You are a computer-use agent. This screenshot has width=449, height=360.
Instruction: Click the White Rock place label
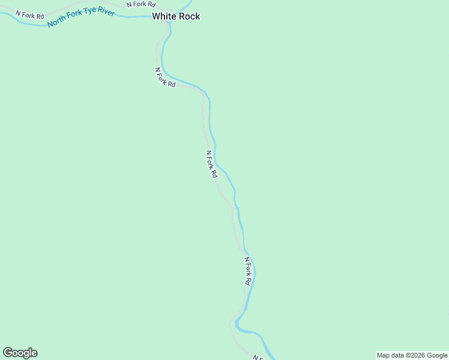[x=176, y=16]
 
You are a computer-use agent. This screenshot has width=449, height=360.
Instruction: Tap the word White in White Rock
[x=164, y=16]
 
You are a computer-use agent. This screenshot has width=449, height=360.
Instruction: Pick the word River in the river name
[x=107, y=13]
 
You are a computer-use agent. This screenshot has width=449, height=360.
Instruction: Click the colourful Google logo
[x=20, y=353]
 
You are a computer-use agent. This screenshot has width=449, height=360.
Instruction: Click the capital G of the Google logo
[x=8, y=352]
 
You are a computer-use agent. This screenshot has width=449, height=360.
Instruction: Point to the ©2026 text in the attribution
[x=420, y=355]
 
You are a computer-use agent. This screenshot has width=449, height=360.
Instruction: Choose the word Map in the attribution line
[x=384, y=355]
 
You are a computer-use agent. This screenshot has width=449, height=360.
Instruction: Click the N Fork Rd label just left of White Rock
[x=141, y=4]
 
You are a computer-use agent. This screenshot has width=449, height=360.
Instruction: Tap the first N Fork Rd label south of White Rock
[x=165, y=77]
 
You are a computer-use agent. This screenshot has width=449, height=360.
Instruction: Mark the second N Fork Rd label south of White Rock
[x=211, y=164]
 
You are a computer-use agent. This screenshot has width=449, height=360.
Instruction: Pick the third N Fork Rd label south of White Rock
[x=248, y=271]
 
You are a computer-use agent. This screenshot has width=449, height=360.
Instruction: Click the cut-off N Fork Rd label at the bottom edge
[x=259, y=357]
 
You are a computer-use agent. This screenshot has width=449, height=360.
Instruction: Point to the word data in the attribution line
[x=399, y=355]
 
